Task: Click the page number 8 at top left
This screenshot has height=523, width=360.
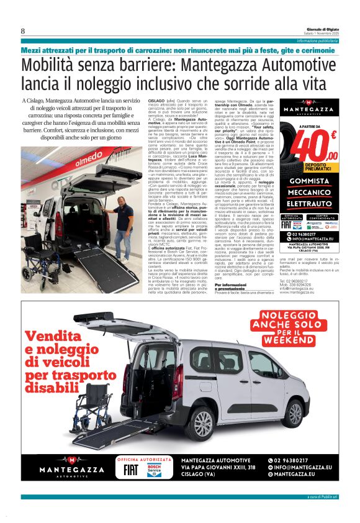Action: tap(23, 32)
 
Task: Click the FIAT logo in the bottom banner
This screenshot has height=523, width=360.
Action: tap(132, 469)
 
